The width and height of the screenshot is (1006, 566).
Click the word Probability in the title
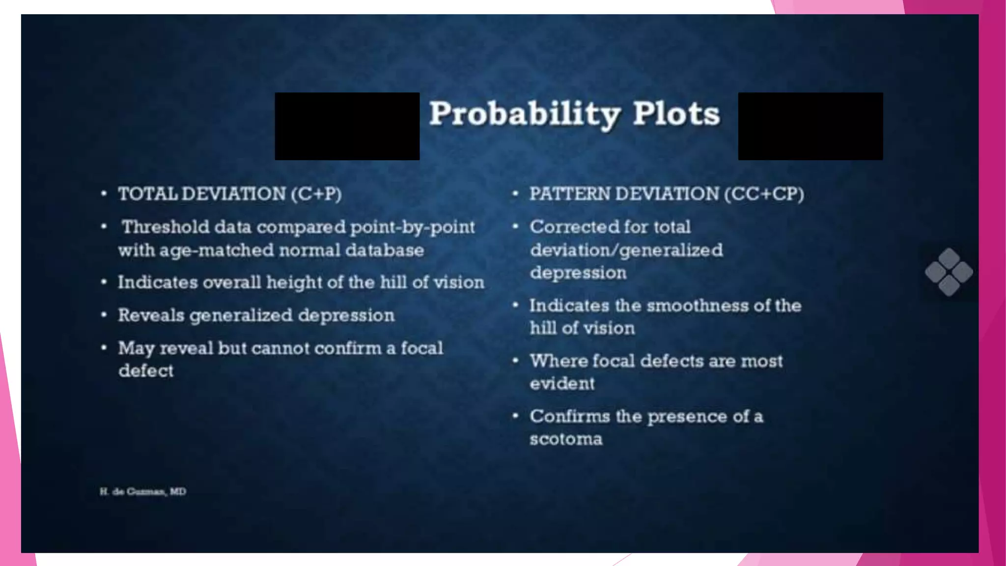coord(525,114)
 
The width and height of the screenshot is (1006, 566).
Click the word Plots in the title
coord(676,114)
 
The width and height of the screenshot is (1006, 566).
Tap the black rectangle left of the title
coord(347,126)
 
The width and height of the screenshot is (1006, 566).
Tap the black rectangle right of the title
coord(810,126)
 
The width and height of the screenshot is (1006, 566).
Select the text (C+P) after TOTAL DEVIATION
coord(316,194)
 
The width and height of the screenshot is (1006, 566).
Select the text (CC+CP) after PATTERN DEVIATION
coord(764,194)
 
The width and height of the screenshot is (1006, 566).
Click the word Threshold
coord(166,227)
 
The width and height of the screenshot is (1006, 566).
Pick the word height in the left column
coord(294,283)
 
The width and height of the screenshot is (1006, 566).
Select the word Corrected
coord(563,227)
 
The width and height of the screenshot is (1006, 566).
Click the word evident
coord(562,383)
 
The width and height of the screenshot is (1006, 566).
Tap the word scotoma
coord(566,439)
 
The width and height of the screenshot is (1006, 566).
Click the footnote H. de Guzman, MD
coord(143,491)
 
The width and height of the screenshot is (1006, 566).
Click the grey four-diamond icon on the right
coord(949,272)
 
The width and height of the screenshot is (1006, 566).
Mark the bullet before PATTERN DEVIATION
coord(515,194)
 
